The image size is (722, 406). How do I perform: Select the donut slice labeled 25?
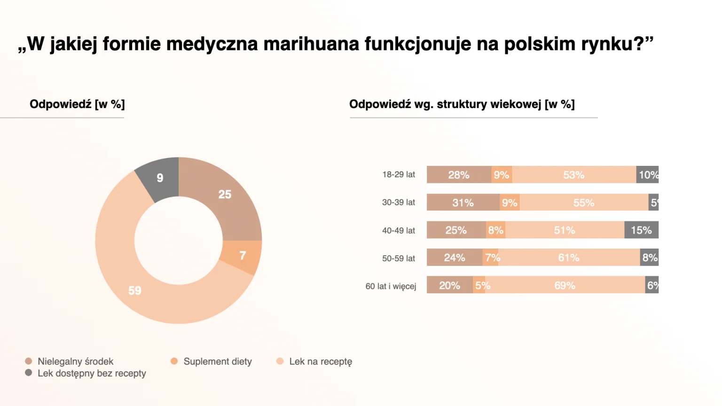click(x=225, y=195)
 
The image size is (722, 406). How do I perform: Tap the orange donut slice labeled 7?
click(x=243, y=256)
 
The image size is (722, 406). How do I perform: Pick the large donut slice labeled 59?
click(x=135, y=290)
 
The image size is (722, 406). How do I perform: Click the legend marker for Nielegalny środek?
click(x=29, y=361)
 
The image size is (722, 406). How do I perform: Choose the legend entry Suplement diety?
click(x=217, y=361)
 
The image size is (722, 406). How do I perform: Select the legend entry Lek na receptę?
click(x=320, y=361)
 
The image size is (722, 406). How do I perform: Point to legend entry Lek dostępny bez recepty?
click(x=92, y=374)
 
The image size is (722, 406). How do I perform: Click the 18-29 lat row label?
click(x=399, y=175)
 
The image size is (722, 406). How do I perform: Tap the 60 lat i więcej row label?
click(x=391, y=286)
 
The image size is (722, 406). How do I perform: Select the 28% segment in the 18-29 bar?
click(x=459, y=175)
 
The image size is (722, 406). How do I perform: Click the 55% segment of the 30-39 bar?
click(x=584, y=203)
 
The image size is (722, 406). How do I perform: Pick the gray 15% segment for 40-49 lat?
click(x=641, y=230)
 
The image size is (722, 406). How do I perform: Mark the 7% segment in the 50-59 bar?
click(x=491, y=258)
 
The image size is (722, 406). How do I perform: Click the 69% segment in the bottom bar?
click(x=565, y=285)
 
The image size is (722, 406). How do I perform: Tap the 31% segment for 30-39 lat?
click(x=463, y=203)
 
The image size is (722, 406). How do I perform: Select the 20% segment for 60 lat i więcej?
click(x=449, y=285)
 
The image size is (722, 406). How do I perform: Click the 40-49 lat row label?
click(x=399, y=231)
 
